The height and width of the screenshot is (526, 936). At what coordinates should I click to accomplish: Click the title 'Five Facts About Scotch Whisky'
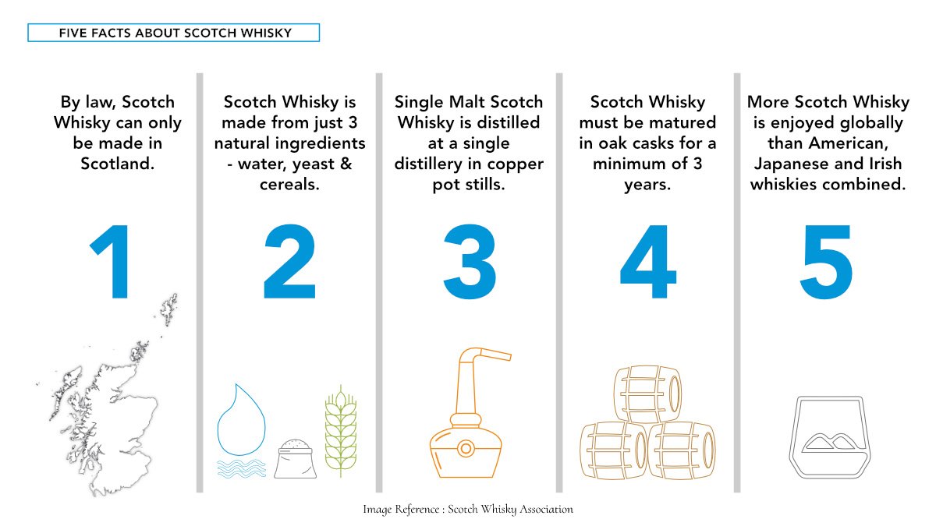click(x=175, y=33)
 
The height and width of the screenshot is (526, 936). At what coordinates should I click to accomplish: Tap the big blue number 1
click(x=113, y=262)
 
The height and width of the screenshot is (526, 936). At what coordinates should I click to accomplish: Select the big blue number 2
click(x=289, y=261)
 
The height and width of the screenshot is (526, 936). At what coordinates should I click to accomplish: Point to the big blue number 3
click(x=470, y=262)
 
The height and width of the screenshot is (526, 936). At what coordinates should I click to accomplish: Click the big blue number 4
click(x=647, y=262)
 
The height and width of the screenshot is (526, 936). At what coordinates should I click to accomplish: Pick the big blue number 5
click(x=826, y=262)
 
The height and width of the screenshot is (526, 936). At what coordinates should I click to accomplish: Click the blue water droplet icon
click(x=241, y=419)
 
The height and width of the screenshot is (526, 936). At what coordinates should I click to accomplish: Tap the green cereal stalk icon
click(x=341, y=431)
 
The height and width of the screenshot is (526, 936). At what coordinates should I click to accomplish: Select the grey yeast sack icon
click(x=295, y=458)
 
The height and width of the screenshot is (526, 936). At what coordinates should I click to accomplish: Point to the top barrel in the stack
click(x=647, y=394)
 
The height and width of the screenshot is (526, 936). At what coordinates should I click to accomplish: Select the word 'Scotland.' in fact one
click(x=118, y=164)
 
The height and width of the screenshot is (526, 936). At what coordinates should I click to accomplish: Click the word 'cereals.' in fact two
click(x=289, y=184)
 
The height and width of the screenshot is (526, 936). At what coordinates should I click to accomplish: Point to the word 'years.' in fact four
click(x=647, y=185)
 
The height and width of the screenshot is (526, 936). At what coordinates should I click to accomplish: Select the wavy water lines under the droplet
click(x=242, y=468)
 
